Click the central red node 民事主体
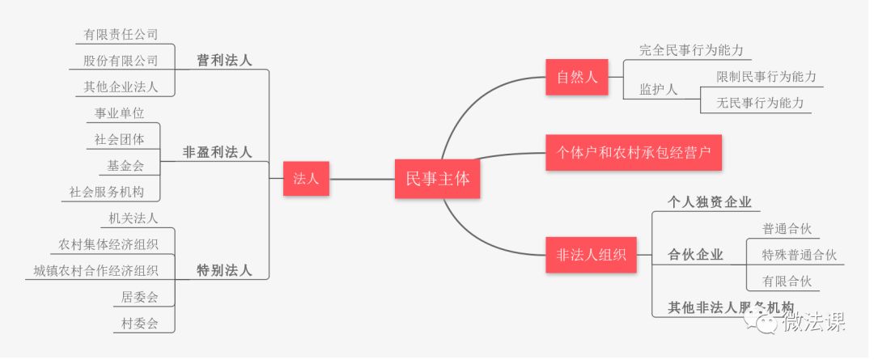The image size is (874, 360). tap(436, 180)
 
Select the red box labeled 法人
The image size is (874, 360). tap(306, 180)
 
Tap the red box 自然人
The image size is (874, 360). tap(576, 78)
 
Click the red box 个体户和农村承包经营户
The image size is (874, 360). tap(633, 151)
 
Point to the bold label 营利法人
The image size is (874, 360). tap(224, 61)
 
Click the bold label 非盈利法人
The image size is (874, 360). tap(217, 151)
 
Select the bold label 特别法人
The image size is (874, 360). tap(224, 270)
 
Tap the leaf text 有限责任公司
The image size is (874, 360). tap(121, 35)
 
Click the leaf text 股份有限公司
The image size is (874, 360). tap(121, 61)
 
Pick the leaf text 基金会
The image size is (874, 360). tap(125, 165)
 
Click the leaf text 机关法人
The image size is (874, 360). tap(133, 218)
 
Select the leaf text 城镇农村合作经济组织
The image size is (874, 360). tap(95, 270)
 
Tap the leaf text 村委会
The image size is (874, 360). tap(139, 323)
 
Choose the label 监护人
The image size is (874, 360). tap(658, 89)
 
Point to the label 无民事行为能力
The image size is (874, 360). tap(760, 103)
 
